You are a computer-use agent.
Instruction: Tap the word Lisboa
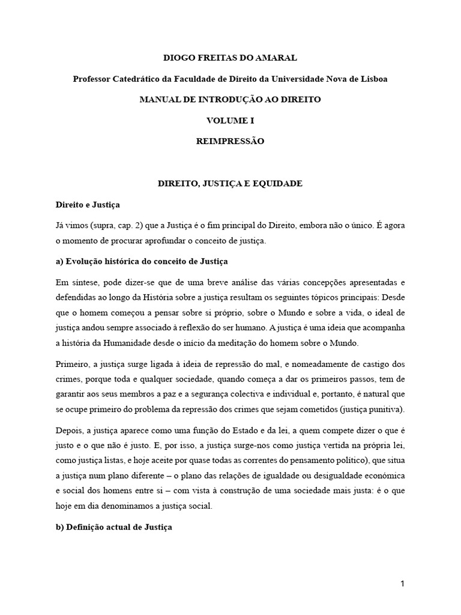(372, 79)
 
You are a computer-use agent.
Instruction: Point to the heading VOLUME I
(230, 121)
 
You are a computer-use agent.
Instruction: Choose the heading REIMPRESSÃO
(230, 142)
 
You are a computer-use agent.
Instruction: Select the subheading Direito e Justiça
(88, 205)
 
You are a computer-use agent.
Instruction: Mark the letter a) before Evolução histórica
(59, 262)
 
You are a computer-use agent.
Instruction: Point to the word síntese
(83, 282)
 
